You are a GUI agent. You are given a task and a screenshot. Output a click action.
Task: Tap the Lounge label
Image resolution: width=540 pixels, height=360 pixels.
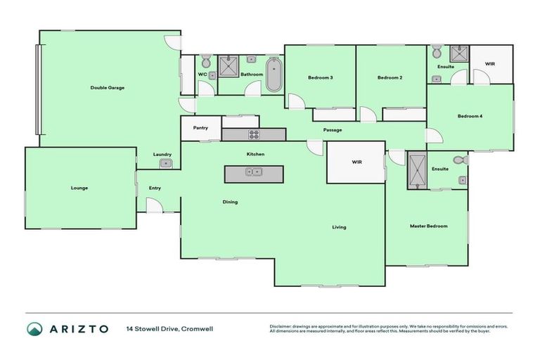pyautogui.click(x=79, y=188)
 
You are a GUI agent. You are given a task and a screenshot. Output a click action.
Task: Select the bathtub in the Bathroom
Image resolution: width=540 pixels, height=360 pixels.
pyautogui.click(x=274, y=76)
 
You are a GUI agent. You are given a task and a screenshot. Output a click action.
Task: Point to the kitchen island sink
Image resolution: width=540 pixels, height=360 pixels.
pyautogui.click(x=253, y=172)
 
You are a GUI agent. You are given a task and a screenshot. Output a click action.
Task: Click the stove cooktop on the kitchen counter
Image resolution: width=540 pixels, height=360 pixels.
pyautogui.click(x=253, y=134)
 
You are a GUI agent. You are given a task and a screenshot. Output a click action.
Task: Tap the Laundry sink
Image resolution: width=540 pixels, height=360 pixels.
pyautogui.click(x=165, y=164)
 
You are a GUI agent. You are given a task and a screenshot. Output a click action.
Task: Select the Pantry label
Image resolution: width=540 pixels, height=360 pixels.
pyautogui.click(x=200, y=128)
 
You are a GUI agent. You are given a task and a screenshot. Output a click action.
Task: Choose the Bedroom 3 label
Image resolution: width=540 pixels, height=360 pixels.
pyautogui.click(x=320, y=77)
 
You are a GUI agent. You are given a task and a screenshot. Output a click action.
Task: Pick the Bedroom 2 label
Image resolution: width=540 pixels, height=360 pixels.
pyautogui.click(x=390, y=77)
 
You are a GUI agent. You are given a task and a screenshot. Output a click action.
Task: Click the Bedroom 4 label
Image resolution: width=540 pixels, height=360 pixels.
pyautogui.click(x=470, y=116)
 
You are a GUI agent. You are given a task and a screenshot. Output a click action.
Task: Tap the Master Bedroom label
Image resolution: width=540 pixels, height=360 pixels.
pyautogui.click(x=429, y=226)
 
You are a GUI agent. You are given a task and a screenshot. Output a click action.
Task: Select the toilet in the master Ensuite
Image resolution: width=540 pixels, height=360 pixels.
pyautogui.click(x=460, y=161)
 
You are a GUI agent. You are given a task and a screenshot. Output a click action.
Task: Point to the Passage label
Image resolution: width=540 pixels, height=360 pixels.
pyautogui.click(x=333, y=130)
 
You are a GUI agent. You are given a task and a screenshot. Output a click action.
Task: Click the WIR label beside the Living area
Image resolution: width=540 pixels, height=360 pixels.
pyautogui.click(x=356, y=162)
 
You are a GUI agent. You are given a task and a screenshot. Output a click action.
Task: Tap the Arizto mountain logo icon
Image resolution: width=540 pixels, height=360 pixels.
pyautogui.click(x=34, y=328)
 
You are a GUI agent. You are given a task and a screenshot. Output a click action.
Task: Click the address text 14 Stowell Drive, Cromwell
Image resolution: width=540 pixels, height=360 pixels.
pyautogui.click(x=169, y=328)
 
